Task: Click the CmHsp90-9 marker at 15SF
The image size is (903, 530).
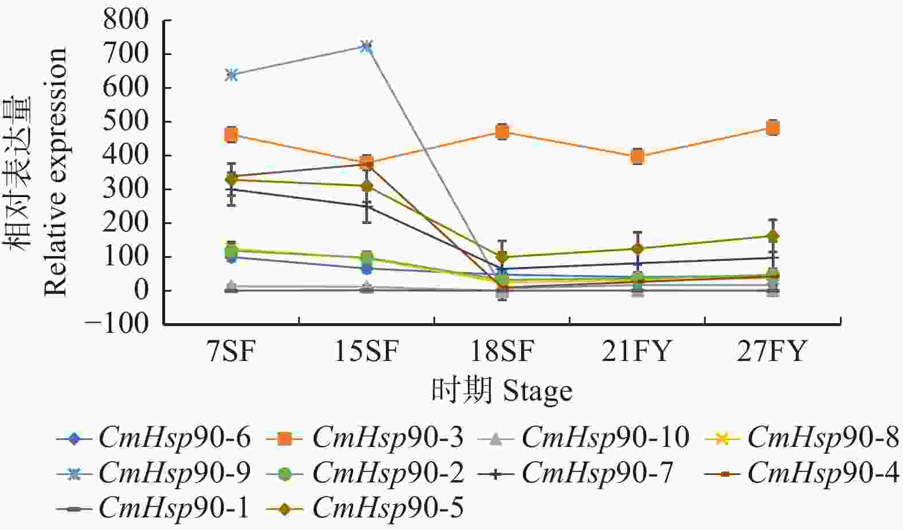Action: [x=367, y=46]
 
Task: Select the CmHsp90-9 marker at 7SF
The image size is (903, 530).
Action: [x=232, y=74]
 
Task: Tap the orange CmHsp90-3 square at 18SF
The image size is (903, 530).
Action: [x=502, y=132]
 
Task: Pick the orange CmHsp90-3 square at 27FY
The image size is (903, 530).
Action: [x=772, y=128]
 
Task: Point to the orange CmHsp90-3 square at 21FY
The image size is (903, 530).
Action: [x=637, y=156]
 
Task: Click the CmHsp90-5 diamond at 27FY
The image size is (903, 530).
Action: [x=772, y=236]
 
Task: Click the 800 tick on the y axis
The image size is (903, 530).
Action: [x=126, y=21]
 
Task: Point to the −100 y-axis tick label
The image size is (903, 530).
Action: [x=116, y=324]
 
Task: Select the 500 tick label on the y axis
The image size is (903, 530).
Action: [x=126, y=122]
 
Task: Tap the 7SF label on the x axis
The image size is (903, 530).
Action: [x=231, y=351]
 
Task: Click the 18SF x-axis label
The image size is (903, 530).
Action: [x=502, y=351]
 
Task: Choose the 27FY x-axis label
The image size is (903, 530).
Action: [x=772, y=351]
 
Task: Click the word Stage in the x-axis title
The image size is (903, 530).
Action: [x=537, y=392]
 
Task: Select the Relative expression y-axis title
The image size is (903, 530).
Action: [x=56, y=172]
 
